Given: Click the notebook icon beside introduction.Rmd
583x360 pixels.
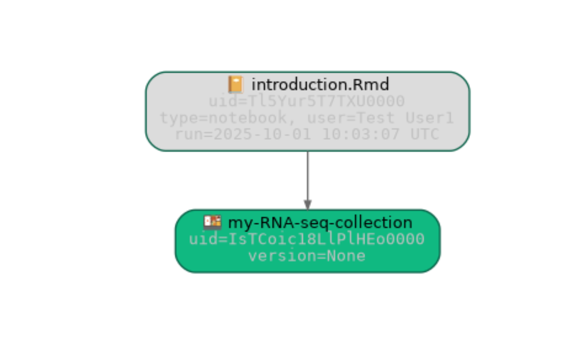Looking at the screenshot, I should pos(236,85).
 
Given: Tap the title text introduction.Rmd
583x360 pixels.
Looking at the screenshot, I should pos(320,85).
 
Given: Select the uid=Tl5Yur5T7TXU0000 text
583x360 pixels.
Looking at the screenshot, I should pos(306,101).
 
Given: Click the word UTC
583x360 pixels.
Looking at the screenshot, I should pos(424,134).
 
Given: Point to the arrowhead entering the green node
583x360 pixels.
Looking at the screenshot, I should pos(307,205).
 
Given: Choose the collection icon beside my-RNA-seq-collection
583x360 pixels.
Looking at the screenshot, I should pos(212,223).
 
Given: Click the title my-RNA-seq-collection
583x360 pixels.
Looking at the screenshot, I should pos(320,223).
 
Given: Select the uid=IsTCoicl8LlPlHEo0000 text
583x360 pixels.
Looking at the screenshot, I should pos(306,239).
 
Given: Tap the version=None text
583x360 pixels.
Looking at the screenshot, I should pos(307,256).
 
